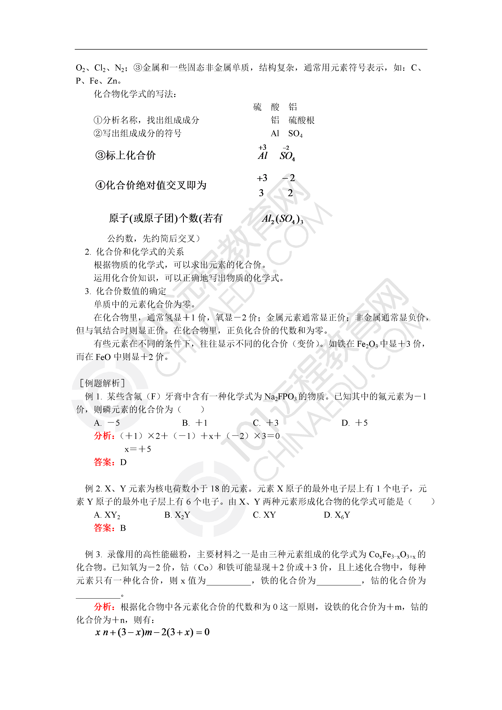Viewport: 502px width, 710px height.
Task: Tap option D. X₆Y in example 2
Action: point(337,515)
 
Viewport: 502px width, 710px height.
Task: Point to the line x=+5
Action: point(138,449)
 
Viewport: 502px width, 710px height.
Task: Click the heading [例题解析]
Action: point(102,383)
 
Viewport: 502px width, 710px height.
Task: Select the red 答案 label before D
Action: point(104,462)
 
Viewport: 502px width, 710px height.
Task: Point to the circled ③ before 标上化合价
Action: point(100,155)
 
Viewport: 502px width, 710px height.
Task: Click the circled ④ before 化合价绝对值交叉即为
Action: point(100,185)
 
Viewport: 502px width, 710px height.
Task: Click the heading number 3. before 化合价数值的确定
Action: point(88,291)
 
